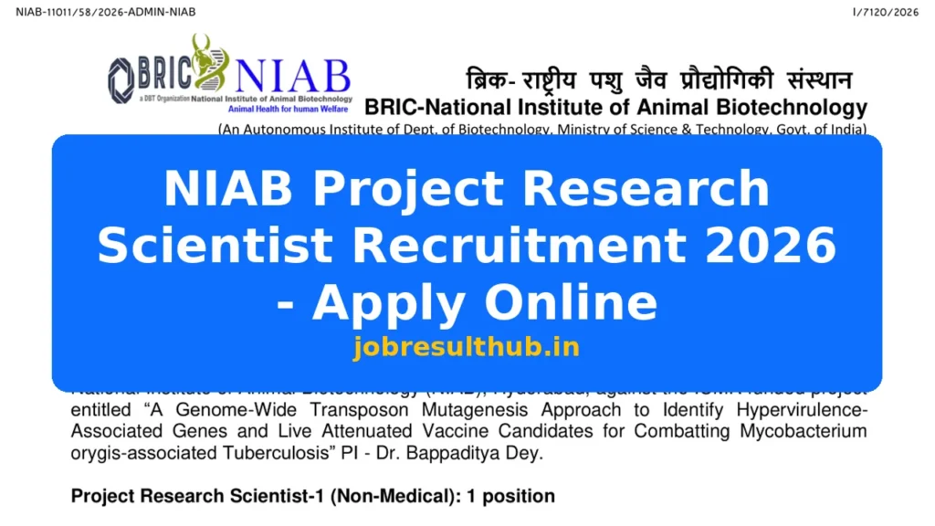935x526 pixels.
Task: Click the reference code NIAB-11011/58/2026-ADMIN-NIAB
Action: point(106,12)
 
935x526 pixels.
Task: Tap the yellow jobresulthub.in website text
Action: point(467,347)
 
